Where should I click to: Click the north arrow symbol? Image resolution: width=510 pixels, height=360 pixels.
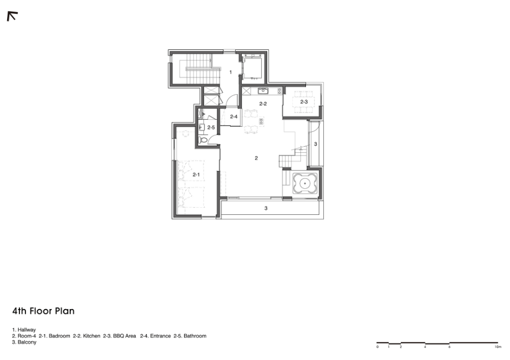pyautogui.click(x=12, y=16)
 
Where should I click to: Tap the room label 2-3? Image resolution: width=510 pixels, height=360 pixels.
pyautogui.click(x=304, y=102)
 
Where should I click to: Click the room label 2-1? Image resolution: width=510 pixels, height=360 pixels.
pyautogui.click(x=196, y=175)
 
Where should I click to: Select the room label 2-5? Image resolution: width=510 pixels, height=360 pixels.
pyautogui.click(x=211, y=128)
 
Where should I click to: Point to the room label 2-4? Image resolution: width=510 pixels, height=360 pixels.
pyautogui.click(x=233, y=117)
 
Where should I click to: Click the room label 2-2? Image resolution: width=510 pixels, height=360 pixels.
pyautogui.click(x=263, y=104)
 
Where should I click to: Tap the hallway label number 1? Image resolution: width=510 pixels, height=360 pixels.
pyautogui.click(x=231, y=72)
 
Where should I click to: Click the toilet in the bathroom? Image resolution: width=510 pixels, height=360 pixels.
pyautogui.click(x=203, y=140)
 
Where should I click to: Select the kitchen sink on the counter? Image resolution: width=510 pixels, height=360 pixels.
pyautogui.click(x=263, y=91)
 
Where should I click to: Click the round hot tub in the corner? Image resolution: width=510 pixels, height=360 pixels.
pyautogui.click(x=305, y=184)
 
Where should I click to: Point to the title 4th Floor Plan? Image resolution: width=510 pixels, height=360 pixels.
pyautogui.click(x=44, y=311)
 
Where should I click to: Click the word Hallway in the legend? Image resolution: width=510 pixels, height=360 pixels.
pyautogui.click(x=27, y=330)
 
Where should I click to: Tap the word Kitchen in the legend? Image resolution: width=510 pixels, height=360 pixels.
pyautogui.click(x=91, y=336)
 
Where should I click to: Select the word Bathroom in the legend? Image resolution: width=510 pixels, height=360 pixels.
pyautogui.click(x=195, y=336)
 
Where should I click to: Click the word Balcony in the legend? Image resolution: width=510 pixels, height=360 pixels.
pyautogui.click(x=27, y=342)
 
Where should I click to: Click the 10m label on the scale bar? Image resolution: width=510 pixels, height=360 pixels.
pyautogui.click(x=498, y=347)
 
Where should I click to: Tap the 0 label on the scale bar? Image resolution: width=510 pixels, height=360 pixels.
pyautogui.click(x=378, y=347)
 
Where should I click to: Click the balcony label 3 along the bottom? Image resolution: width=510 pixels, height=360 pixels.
pyautogui.click(x=266, y=208)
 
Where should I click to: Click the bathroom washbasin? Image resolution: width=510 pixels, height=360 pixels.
pyautogui.click(x=201, y=128)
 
